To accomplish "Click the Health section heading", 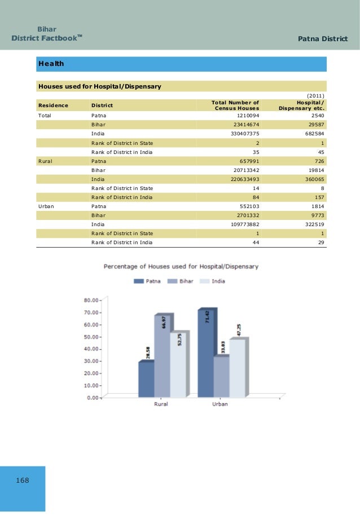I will click(51, 64).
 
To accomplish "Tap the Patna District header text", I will click(322, 38).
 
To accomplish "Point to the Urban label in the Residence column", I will click(47, 206).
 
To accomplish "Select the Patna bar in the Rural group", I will click(146, 379).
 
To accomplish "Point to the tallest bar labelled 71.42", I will click(205, 352).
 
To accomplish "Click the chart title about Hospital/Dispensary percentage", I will click(181, 266).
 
